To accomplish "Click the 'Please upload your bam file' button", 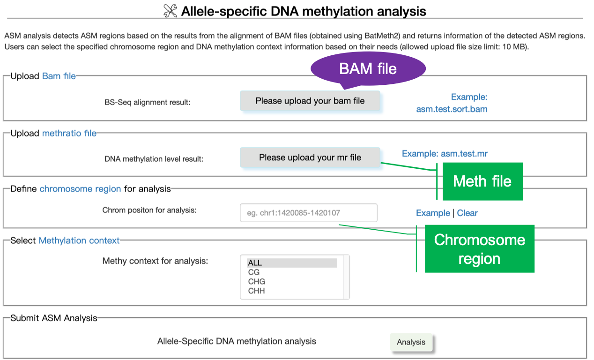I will tap(310, 101).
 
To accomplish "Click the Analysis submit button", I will tap(411, 342).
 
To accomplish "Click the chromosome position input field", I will tap(308, 213).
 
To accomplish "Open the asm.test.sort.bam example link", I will tap(452, 109).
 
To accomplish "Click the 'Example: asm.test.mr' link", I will tap(448, 153).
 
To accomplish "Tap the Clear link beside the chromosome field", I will tap(467, 213).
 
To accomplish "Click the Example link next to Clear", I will tap(433, 213).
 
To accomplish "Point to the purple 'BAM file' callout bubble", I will tap(368, 69).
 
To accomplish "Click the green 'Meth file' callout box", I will tap(482, 181).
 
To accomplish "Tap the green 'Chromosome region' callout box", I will tap(479, 249).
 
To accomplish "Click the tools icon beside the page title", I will tap(170, 11).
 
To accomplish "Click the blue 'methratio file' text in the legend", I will tap(69, 133).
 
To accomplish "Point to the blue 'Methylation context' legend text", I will tap(79, 240).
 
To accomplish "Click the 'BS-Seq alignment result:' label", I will tap(148, 102).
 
